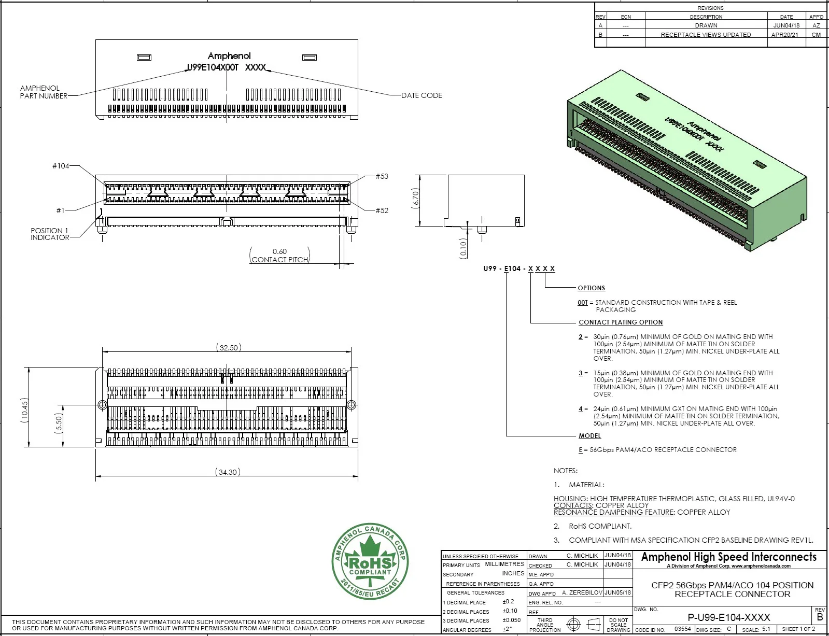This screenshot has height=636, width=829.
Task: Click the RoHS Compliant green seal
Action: click(370, 561)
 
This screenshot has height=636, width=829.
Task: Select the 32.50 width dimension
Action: click(229, 348)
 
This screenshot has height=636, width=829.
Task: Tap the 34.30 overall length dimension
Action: click(228, 472)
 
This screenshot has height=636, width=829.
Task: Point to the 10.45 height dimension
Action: click(24, 410)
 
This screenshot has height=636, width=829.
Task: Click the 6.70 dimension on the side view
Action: click(415, 199)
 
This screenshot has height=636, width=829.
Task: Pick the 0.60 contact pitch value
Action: click(279, 251)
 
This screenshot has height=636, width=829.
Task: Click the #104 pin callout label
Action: click(61, 166)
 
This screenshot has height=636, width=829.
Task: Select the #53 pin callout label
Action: click(382, 176)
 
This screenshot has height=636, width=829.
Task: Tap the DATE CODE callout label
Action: click(421, 95)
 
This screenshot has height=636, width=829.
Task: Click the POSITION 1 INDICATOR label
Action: click(50, 234)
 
